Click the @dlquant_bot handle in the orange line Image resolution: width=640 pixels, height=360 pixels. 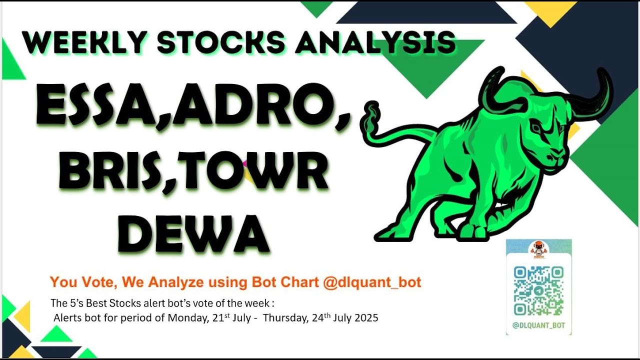coord(372,282)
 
